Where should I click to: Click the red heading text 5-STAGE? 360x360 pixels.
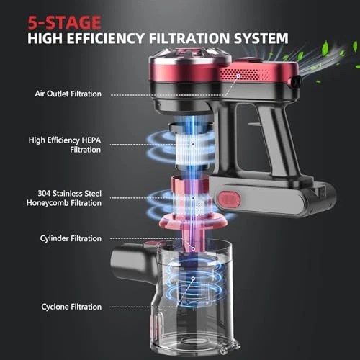coord(64,22)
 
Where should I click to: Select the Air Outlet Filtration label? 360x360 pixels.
coord(68,94)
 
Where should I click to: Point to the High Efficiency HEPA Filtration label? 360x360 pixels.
coord(65,145)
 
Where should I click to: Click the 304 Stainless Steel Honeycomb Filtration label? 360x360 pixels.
coord(64,198)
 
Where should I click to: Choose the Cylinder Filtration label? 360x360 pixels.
coord(71,238)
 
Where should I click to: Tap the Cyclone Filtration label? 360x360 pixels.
coord(71,307)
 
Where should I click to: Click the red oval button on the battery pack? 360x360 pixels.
coord(229,199)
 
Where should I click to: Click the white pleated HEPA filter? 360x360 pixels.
coord(192,149)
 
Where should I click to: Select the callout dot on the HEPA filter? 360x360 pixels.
coord(193,144)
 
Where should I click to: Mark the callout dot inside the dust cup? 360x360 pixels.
coord(193,279)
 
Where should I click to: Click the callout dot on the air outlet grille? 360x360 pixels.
coord(238,76)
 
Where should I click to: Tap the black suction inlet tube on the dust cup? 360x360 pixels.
coord(132,263)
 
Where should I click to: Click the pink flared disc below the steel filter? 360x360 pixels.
coord(193,221)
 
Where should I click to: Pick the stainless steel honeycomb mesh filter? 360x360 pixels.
coord(193,204)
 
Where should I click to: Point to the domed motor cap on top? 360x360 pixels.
coord(190,55)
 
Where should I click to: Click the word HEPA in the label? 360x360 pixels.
coord(91,140)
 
